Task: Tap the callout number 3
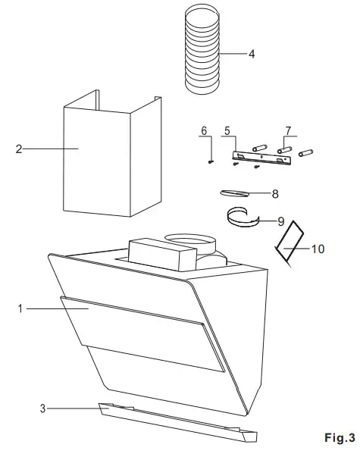pyautogui.click(x=42, y=409)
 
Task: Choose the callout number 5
pyautogui.click(x=227, y=131)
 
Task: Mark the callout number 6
pyautogui.click(x=204, y=131)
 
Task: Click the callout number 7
pyautogui.click(x=287, y=131)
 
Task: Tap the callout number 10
pyautogui.click(x=318, y=249)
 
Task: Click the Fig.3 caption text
pyautogui.click(x=339, y=437)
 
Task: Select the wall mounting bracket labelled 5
pyautogui.click(x=261, y=157)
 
